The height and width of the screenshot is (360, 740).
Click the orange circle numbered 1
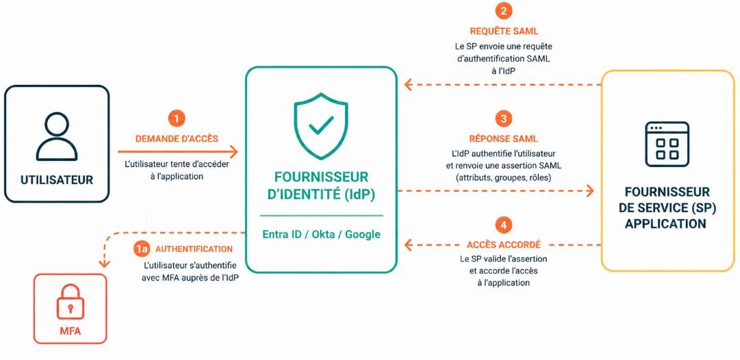(x=177, y=118)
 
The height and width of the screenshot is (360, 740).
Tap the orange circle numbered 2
(x=504, y=11)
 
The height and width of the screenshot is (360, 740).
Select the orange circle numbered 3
(x=504, y=118)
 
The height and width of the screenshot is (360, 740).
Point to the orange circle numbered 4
(x=504, y=224)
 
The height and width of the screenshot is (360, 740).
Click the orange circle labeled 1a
(x=140, y=249)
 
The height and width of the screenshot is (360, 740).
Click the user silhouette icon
(x=57, y=137)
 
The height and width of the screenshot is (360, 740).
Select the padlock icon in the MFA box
(x=71, y=303)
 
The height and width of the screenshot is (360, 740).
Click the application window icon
(x=667, y=144)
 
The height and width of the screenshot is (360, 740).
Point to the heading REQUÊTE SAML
(x=504, y=31)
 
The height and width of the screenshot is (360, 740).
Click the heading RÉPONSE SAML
(x=504, y=139)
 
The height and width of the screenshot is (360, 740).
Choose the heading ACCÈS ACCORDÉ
(x=504, y=245)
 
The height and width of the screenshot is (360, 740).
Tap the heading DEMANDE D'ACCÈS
(x=177, y=139)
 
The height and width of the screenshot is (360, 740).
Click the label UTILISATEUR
(x=57, y=180)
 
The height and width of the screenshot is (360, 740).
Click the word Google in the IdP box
(x=363, y=235)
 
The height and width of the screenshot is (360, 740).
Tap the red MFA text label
(x=71, y=331)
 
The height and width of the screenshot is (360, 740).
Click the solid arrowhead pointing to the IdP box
(x=233, y=152)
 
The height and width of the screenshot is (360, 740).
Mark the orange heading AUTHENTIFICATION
(x=194, y=249)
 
